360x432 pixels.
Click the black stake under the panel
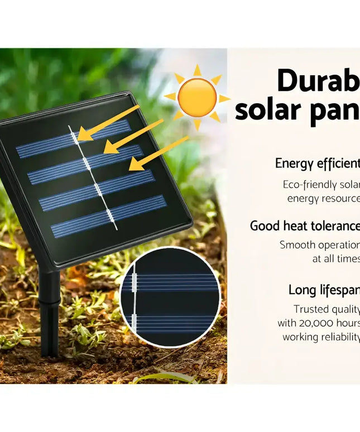50,313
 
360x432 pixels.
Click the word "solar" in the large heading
267,109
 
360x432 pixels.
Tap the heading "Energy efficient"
317,164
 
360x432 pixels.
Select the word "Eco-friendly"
309,185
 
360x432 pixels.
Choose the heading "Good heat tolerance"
305,226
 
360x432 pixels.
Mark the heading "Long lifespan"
324,290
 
